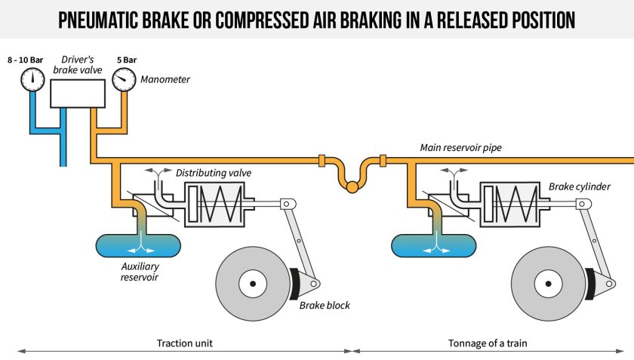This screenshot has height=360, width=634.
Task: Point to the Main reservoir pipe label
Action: point(460,148)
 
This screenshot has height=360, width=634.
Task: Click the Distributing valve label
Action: point(214,173)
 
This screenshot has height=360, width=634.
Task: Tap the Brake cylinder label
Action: point(580,186)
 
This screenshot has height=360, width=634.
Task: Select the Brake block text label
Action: point(325,306)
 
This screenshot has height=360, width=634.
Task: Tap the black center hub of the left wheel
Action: point(254,283)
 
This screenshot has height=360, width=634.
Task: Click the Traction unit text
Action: point(185,343)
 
